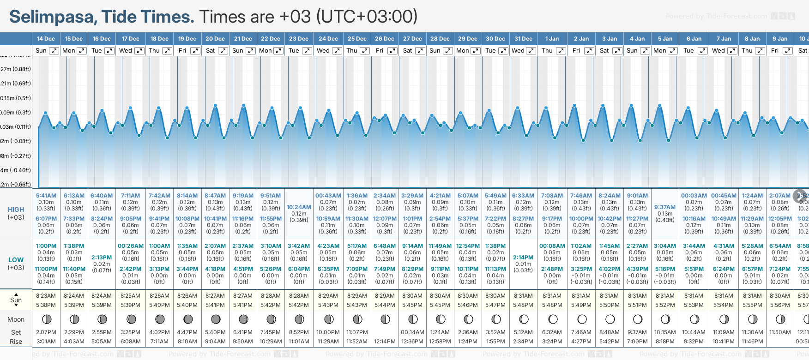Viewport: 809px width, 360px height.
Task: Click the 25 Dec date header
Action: pyautogui.click(x=357, y=39)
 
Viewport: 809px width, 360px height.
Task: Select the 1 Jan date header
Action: pyautogui.click(x=552, y=39)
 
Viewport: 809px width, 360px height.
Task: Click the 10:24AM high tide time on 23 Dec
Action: pyautogui.click(x=299, y=207)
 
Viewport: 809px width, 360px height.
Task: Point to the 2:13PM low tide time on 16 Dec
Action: pyautogui.click(x=102, y=258)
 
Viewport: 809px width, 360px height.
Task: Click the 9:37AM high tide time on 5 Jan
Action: pyautogui.click(x=665, y=207)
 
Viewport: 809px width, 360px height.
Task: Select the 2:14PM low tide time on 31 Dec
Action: pyautogui.click(x=523, y=258)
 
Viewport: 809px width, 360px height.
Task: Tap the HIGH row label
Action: pyautogui.click(x=16, y=210)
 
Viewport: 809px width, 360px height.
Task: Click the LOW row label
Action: pyautogui.click(x=16, y=260)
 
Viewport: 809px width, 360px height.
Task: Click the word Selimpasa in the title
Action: pyautogui.click(x=51, y=17)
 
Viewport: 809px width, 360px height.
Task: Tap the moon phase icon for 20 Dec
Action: pyautogui.click(x=216, y=319)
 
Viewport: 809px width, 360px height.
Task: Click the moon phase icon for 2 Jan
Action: pyautogui.click(x=582, y=319)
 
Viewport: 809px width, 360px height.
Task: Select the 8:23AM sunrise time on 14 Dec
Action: pyautogui.click(x=46, y=296)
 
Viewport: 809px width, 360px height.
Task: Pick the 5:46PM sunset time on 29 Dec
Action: pyautogui.click(x=468, y=305)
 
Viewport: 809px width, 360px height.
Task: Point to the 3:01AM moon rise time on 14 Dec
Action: pyautogui.click(x=46, y=342)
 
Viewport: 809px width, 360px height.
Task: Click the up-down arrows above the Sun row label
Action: pyautogui.click(x=16, y=294)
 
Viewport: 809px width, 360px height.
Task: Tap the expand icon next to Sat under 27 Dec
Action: pyautogui.click(x=420, y=51)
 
